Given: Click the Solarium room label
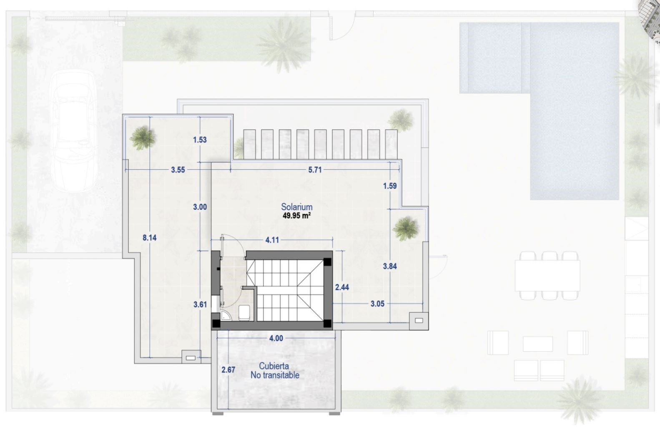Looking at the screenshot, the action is click(296, 207).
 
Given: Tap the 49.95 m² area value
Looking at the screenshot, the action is click(296, 216).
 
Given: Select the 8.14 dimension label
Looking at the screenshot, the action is click(149, 238).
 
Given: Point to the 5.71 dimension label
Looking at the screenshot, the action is click(315, 170).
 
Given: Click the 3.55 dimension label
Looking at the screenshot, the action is click(178, 170).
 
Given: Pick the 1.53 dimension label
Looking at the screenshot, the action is click(200, 140).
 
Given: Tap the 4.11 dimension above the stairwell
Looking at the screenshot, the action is click(272, 240).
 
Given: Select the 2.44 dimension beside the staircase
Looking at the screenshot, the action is click(342, 287).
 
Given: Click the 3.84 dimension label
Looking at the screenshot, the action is click(390, 266).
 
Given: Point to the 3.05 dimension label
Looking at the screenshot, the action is click(377, 304).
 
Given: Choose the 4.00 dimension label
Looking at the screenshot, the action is click(276, 338).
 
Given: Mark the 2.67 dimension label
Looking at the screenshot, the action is click(228, 369).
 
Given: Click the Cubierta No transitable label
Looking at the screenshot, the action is click(275, 370).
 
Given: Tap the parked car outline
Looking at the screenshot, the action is click(74, 131).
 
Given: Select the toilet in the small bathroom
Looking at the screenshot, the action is click(244, 313).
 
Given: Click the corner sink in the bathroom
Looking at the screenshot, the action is click(226, 315).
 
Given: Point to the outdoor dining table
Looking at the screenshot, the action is click(547, 276).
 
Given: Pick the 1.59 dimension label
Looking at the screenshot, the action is click(390, 186).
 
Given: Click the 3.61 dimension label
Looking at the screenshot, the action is click(200, 304).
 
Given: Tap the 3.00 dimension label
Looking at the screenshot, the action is click(200, 207).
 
